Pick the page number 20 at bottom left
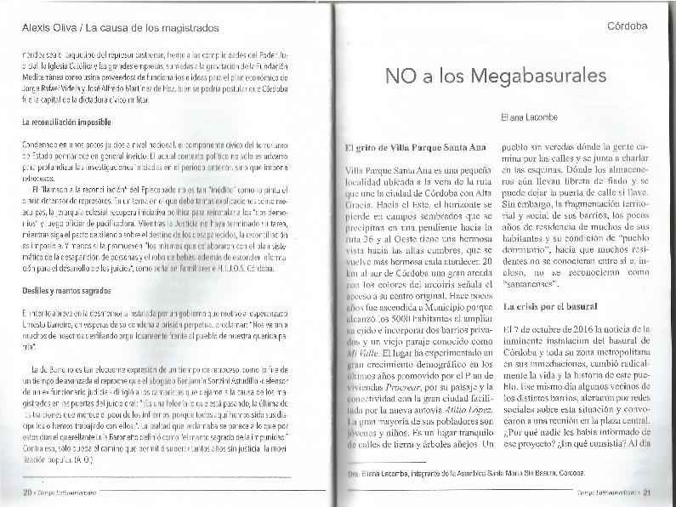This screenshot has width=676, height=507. coord(27,491)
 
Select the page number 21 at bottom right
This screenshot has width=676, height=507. coord(646,491)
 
